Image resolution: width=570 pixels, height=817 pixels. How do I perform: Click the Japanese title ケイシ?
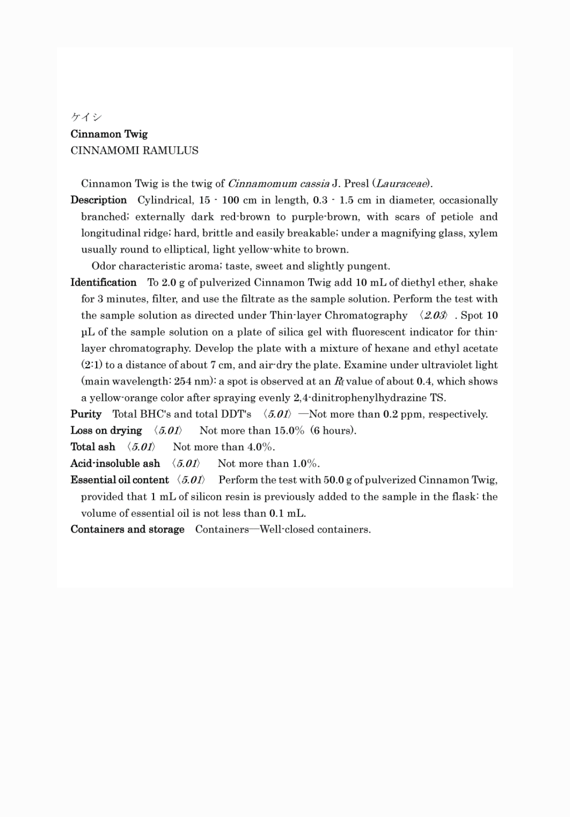point(86,117)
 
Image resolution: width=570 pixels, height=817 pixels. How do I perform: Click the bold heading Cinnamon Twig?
point(109,134)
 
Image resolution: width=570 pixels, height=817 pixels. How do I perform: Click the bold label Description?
point(98,200)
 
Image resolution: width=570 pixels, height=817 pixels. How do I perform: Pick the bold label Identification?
point(103,282)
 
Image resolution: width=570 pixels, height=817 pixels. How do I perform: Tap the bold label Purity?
point(86,414)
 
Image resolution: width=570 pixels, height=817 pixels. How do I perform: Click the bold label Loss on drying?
point(106,430)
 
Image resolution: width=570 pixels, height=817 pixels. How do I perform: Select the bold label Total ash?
point(93,447)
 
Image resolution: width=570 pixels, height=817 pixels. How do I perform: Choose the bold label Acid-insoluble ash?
point(115,464)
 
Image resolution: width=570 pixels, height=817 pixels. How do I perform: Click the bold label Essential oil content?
point(120,480)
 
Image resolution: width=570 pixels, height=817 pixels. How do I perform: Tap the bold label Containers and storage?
point(127,529)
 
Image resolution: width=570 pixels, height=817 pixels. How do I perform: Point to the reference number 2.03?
point(434,316)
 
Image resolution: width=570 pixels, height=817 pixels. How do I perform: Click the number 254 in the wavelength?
point(183,381)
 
